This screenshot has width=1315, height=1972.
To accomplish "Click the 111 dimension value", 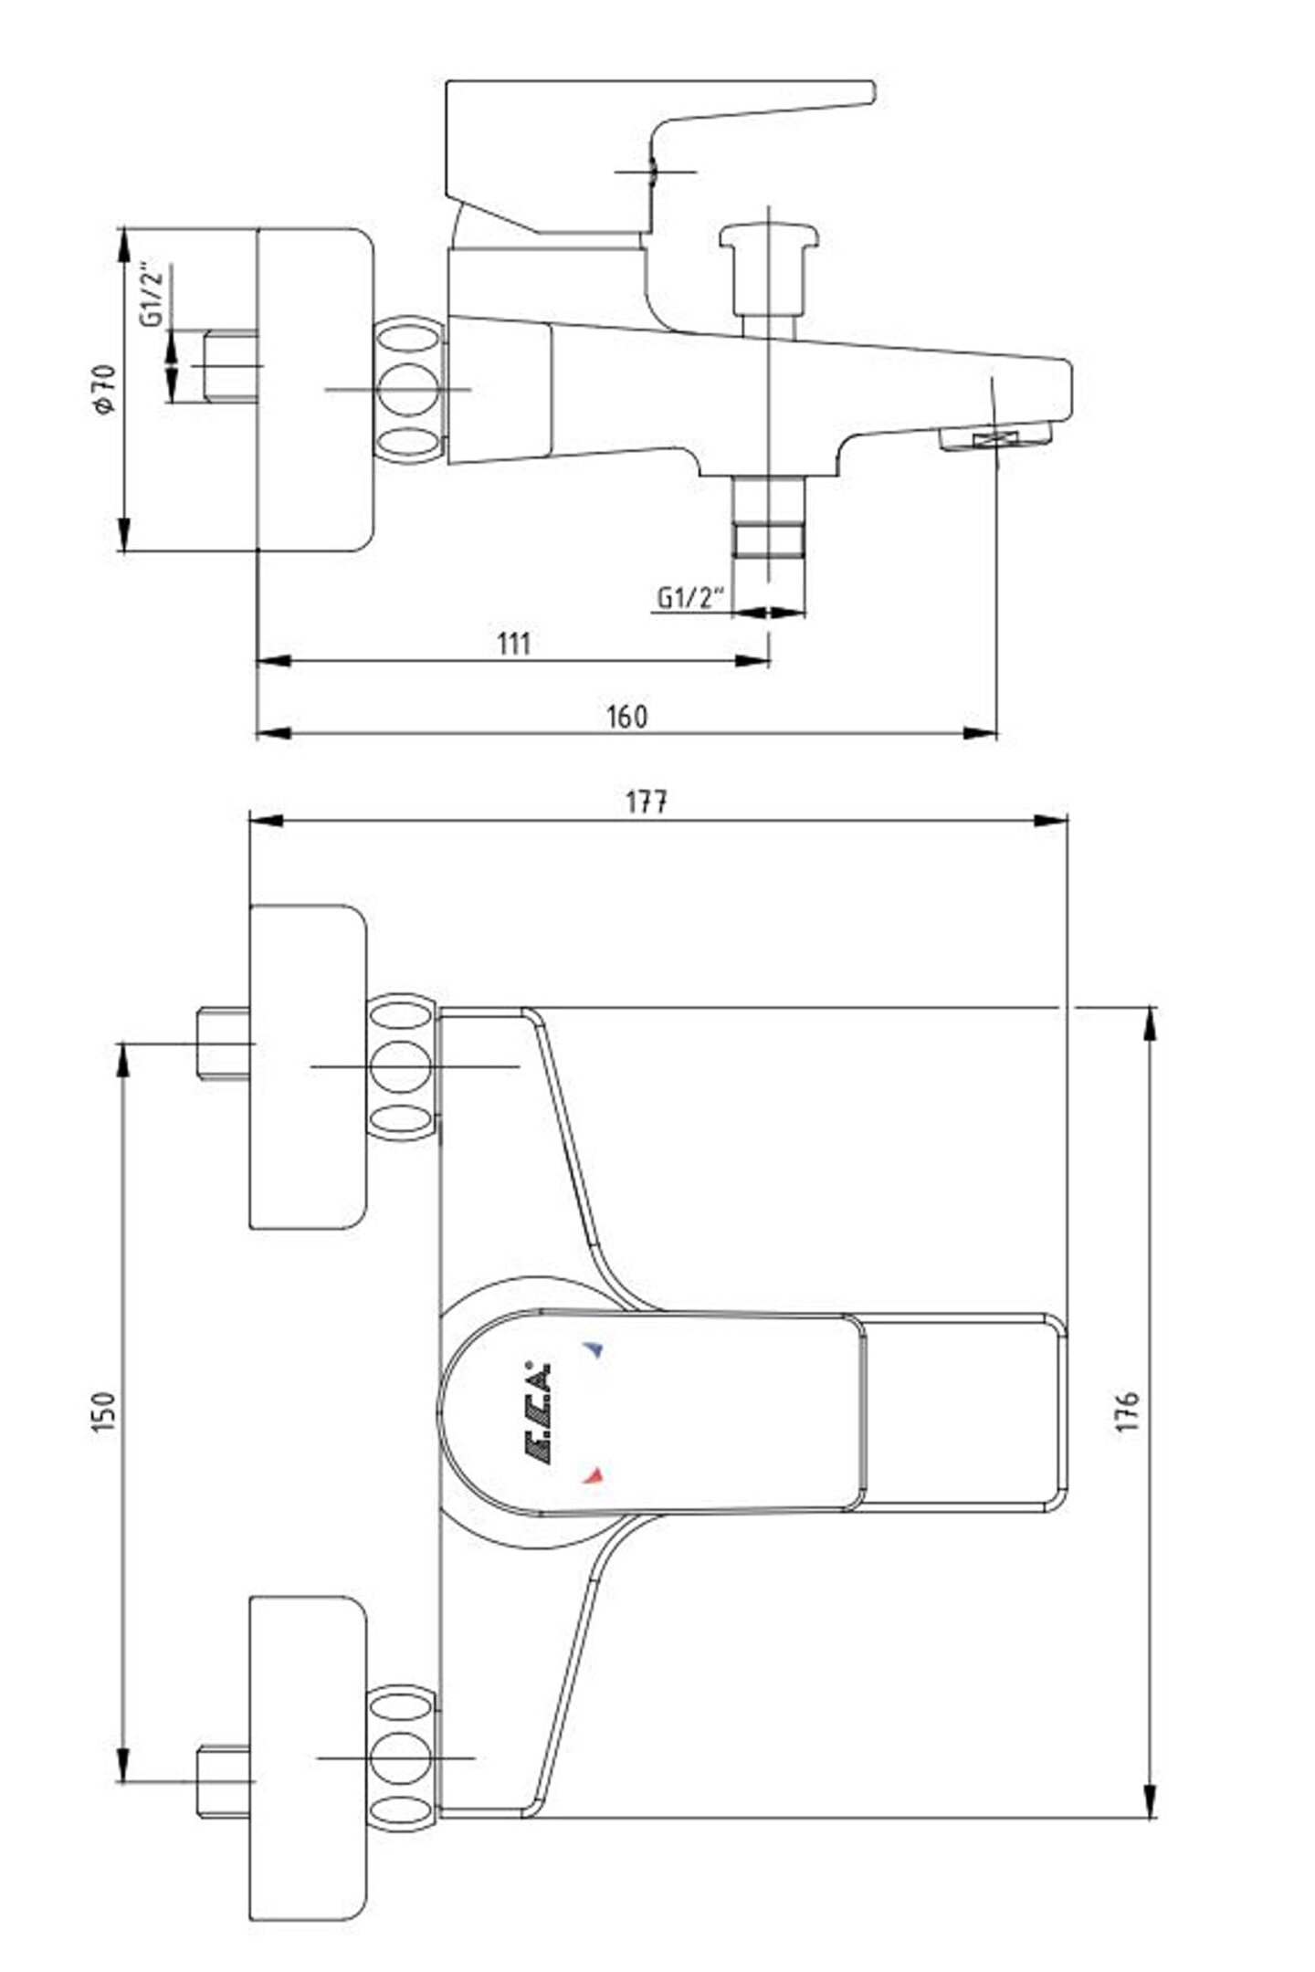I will [514, 644].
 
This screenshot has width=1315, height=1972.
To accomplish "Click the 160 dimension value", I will [627, 717].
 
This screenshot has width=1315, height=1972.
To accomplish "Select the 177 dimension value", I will [646, 802].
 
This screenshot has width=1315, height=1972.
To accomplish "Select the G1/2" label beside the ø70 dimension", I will [153, 294].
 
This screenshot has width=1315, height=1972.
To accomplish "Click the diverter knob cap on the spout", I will [769, 236].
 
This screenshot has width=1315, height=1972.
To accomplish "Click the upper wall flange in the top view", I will [308, 1066].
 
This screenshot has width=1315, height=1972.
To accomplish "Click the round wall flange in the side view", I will [315, 390].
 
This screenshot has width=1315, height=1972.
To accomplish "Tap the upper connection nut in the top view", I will [403, 1066].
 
